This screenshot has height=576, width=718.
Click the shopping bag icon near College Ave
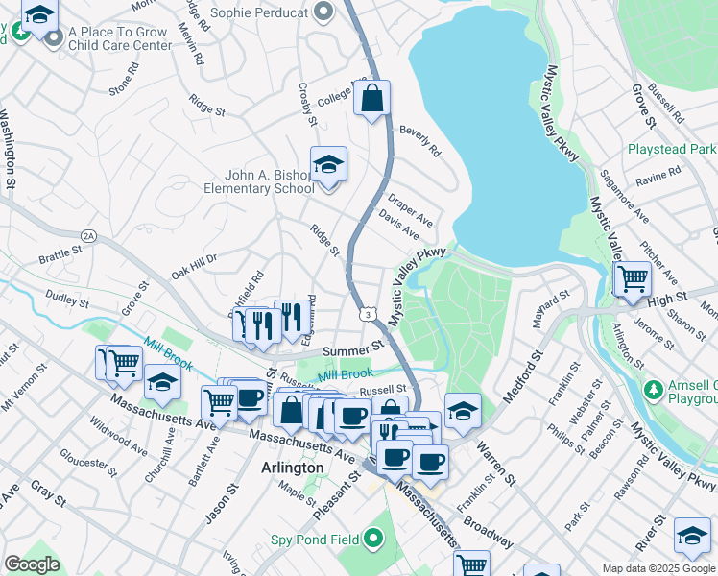click(x=371, y=98)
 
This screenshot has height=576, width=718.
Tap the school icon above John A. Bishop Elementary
click(x=328, y=164)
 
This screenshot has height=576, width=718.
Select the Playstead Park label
click(x=672, y=150)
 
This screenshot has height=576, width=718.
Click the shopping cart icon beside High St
click(x=633, y=279)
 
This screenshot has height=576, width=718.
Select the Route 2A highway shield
click(x=89, y=234)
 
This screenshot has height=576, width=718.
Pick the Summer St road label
click(x=352, y=351)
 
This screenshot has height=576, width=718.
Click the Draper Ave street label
click(x=410, y=210)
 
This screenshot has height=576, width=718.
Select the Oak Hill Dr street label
click(x=195, y=266)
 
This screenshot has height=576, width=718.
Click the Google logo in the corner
click(x=32, y=564)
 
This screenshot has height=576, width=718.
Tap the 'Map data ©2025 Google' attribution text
click(x=658, y=568)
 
